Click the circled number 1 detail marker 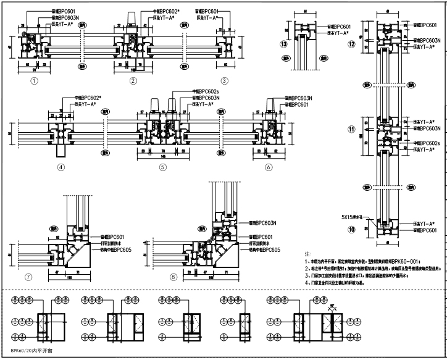35,80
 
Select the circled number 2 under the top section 133,80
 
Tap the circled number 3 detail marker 225,80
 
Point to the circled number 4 61,167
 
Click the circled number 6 269,167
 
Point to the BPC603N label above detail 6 298,98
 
